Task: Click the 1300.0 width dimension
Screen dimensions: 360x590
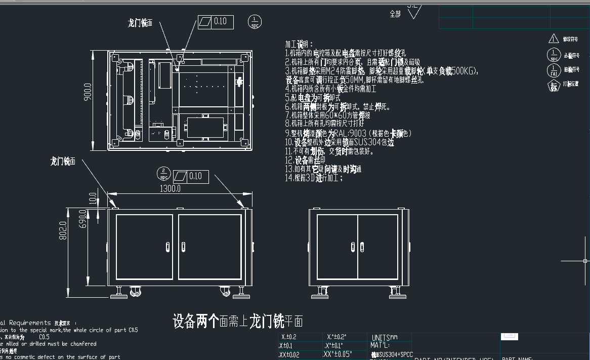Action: point(170,188)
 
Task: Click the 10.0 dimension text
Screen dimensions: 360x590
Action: point(92,198)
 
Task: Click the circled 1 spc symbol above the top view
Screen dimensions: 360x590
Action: point(255,22)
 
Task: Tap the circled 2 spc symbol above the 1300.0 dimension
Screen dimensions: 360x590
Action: point(163,173)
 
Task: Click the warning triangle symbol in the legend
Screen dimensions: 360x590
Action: point(553,38)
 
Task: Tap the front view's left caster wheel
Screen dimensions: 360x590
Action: point(135,292)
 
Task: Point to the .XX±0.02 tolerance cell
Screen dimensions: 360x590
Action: point(289,355)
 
